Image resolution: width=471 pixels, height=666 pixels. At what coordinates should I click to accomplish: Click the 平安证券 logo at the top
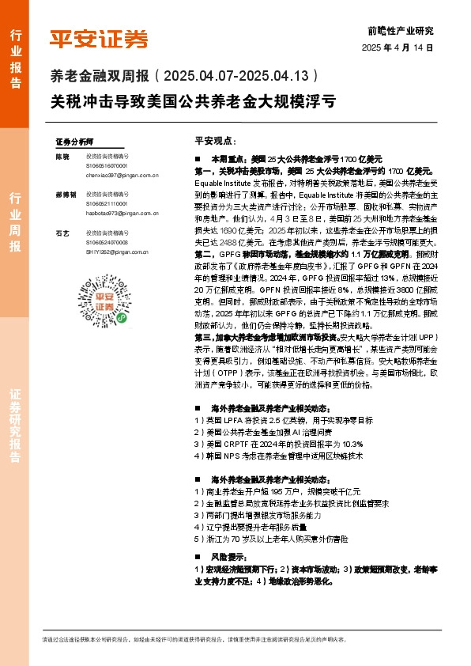[x=99, y=38]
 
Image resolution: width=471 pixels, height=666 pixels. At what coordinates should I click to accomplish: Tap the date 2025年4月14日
[x=398, y=48]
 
